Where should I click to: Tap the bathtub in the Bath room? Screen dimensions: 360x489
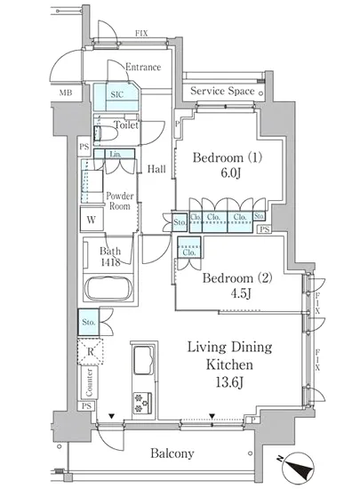tap(108, 287)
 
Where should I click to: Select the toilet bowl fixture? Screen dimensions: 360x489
tap(106, 134)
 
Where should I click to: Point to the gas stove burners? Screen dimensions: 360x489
tap(143, 403)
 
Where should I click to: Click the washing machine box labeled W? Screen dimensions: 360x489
tap(92, 220)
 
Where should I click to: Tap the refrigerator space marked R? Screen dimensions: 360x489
tap(90, 351)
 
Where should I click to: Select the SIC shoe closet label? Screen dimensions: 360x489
tap(116, 94)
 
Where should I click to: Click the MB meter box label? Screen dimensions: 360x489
tap(66, 92)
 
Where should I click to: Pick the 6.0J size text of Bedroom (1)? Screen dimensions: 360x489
tap(230, 173)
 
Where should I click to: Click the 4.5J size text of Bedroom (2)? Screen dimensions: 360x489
tap(240, 293)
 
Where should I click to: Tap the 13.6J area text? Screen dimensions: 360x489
tap(229, 382)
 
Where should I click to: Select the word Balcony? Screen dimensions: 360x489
tap(172, 453)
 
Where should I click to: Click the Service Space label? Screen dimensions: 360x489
tap(222, 91)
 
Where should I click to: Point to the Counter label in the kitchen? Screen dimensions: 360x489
tap(89, 382)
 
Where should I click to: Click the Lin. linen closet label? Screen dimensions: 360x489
tap(116, 154)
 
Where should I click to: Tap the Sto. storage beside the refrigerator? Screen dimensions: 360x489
tap(89, 322)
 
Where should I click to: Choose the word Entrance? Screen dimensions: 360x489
tap(143, 67)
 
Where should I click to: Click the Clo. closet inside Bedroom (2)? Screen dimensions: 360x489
tap(188, 253)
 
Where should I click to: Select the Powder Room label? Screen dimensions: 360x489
tap(120, 201)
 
